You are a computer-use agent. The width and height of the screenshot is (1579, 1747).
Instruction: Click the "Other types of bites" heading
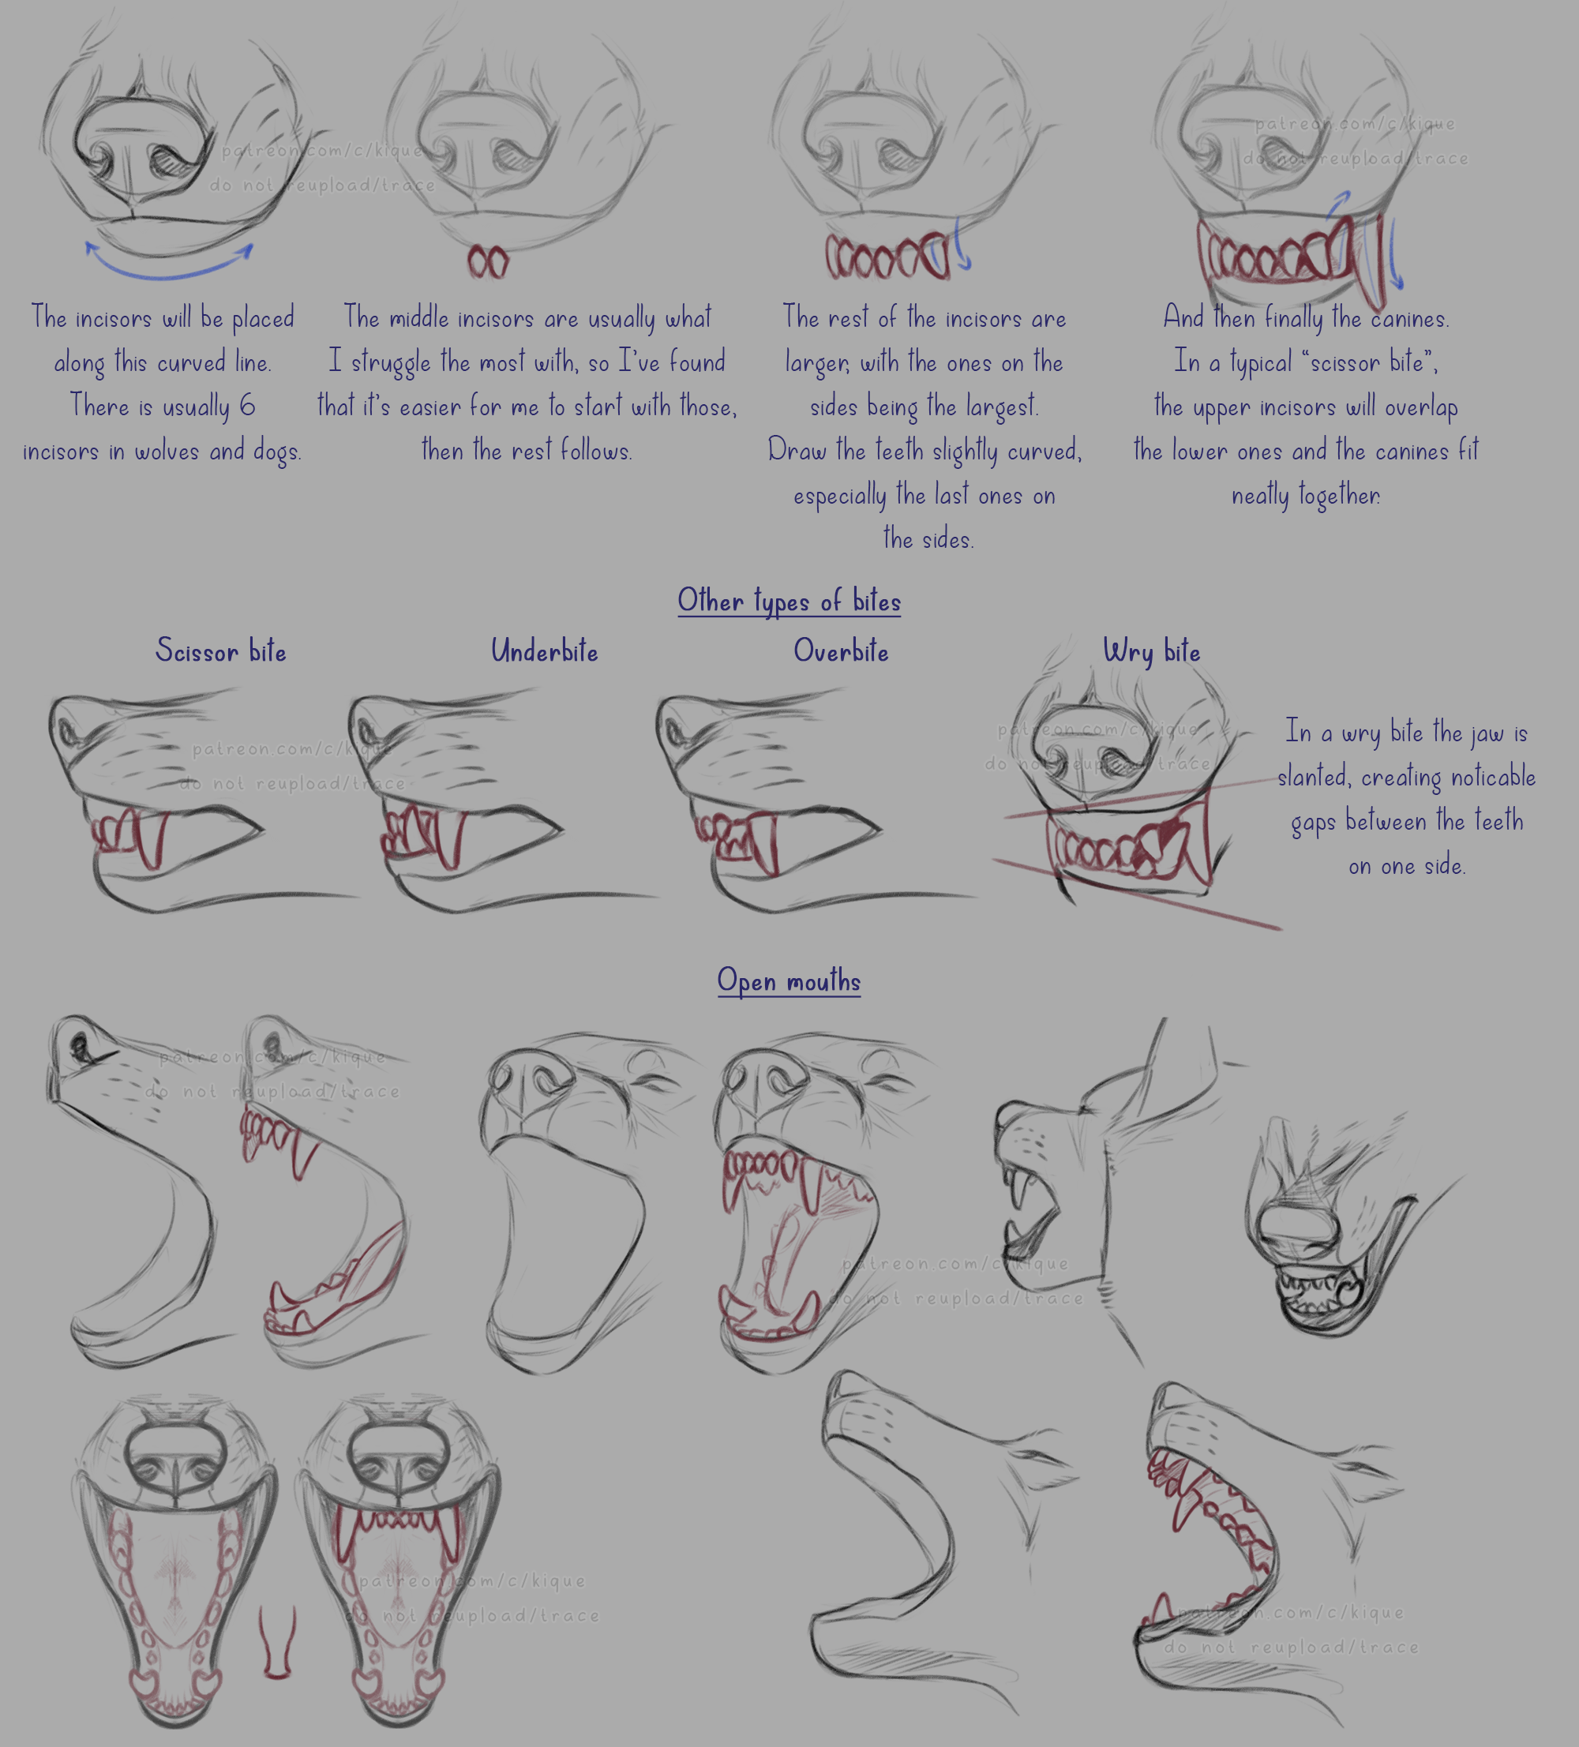point(789,602)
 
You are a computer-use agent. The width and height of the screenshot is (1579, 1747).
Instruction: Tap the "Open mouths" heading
point(789,981)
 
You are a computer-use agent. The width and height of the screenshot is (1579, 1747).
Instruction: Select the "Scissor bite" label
point(221,650)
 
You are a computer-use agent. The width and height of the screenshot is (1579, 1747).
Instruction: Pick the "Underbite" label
point(544,650)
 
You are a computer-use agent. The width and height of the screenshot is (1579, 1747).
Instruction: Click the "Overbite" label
point(841,650)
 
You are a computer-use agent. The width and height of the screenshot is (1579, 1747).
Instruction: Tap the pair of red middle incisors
point(488,262)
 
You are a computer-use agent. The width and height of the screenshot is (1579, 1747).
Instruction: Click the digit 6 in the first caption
point(247,405)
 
